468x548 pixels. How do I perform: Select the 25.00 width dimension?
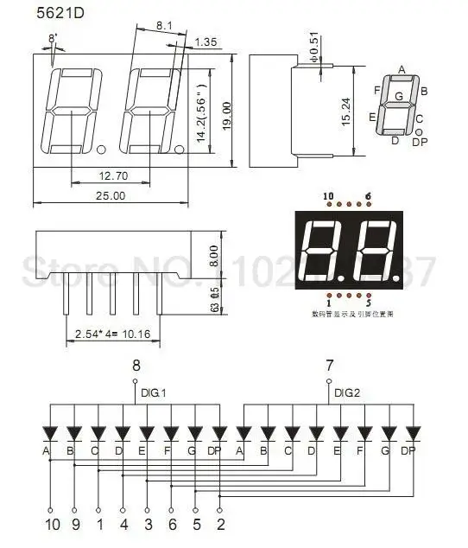coord(111,195)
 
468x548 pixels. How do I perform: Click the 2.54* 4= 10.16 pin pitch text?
coord(113,333)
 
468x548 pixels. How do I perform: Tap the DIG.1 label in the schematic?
coord(154,392)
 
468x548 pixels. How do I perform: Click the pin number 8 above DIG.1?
coord(135,365)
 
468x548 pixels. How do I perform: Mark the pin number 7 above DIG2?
coord(328,365)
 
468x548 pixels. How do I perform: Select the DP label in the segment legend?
coord(420,141)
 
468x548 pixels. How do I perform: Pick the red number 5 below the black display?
coord(369,303)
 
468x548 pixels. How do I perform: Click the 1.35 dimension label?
coord(206,42)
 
